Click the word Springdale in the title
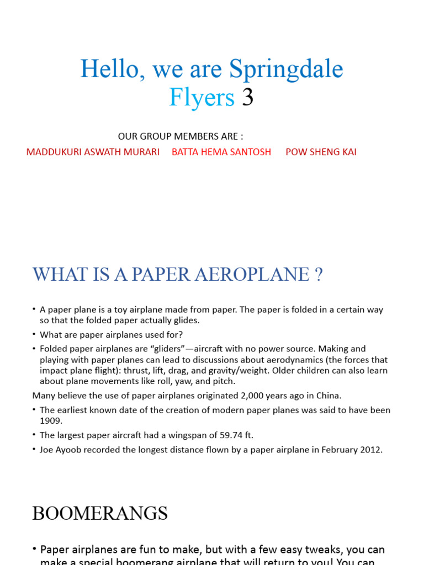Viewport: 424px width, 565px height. pos(286,70)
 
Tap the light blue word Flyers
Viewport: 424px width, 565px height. pos(202,98)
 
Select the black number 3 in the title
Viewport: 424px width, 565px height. pos(248,98)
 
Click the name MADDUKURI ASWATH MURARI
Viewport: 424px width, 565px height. pos(93,152)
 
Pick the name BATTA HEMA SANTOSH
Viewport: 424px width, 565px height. pos(221,152)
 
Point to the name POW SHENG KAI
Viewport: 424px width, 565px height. pos(321,152)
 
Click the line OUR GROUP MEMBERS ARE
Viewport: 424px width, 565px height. pos(181,136)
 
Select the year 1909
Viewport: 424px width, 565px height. pos(51,420)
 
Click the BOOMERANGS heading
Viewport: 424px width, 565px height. pos(100,514)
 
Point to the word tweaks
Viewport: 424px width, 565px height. pos(296,550)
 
